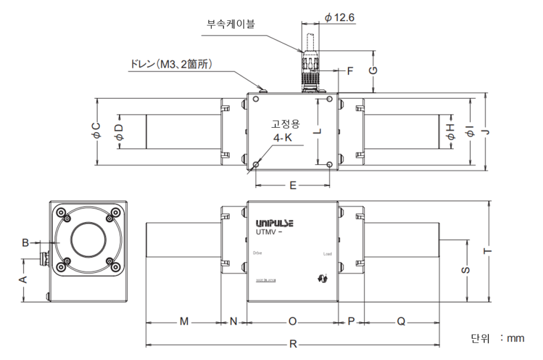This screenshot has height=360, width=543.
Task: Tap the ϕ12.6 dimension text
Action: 340,18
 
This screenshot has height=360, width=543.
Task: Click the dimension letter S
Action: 465,270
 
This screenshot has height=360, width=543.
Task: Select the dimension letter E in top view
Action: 292,185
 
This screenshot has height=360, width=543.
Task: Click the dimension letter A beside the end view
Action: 24,280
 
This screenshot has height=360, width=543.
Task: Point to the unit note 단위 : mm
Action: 497,338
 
